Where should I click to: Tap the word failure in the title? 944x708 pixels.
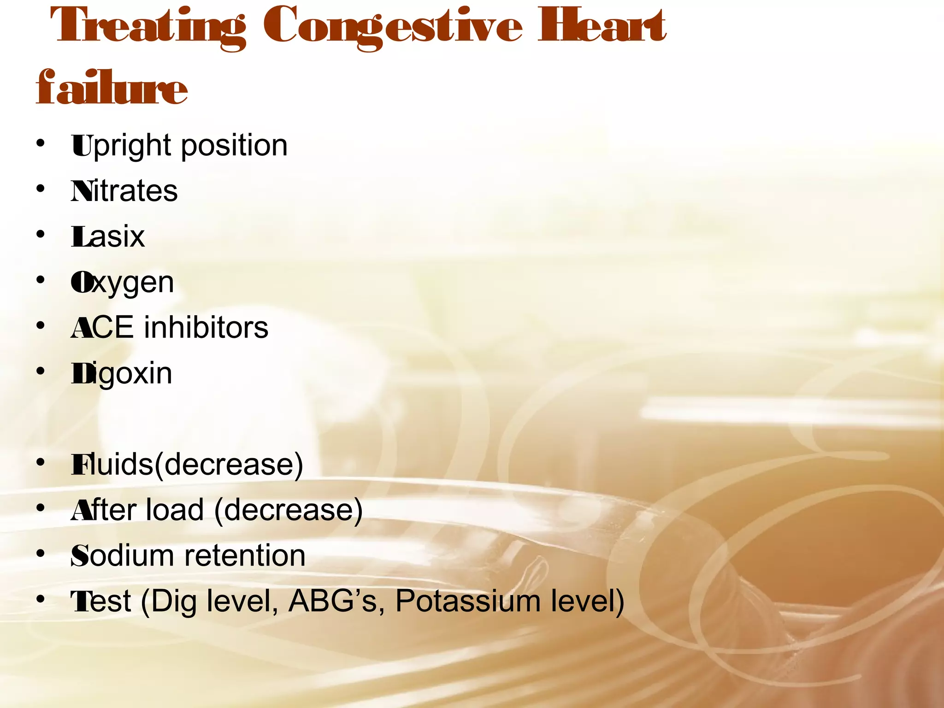pyautogui.click(x=112, y=88)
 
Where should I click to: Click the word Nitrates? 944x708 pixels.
pyautogui.click(x=124, y=191)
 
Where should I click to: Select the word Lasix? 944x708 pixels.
pyautogui.click(x=108, y=237)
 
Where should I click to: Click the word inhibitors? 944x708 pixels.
pyautogui.click(x=206, y=328)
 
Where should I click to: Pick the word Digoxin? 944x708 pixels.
pyautogui.click(x=122, y=374)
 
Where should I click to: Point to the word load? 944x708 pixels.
pyautogui.click(x=174, y=510)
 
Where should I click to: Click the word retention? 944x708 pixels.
pyautogui.click(x=245, y=556)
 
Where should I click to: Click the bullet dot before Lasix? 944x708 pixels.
pyautogui.click(x=41, y=234)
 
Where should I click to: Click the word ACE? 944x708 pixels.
pyautogui.click(x=102, y=328)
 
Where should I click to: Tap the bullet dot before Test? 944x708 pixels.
pyautogui.click(x=41, y=599)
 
